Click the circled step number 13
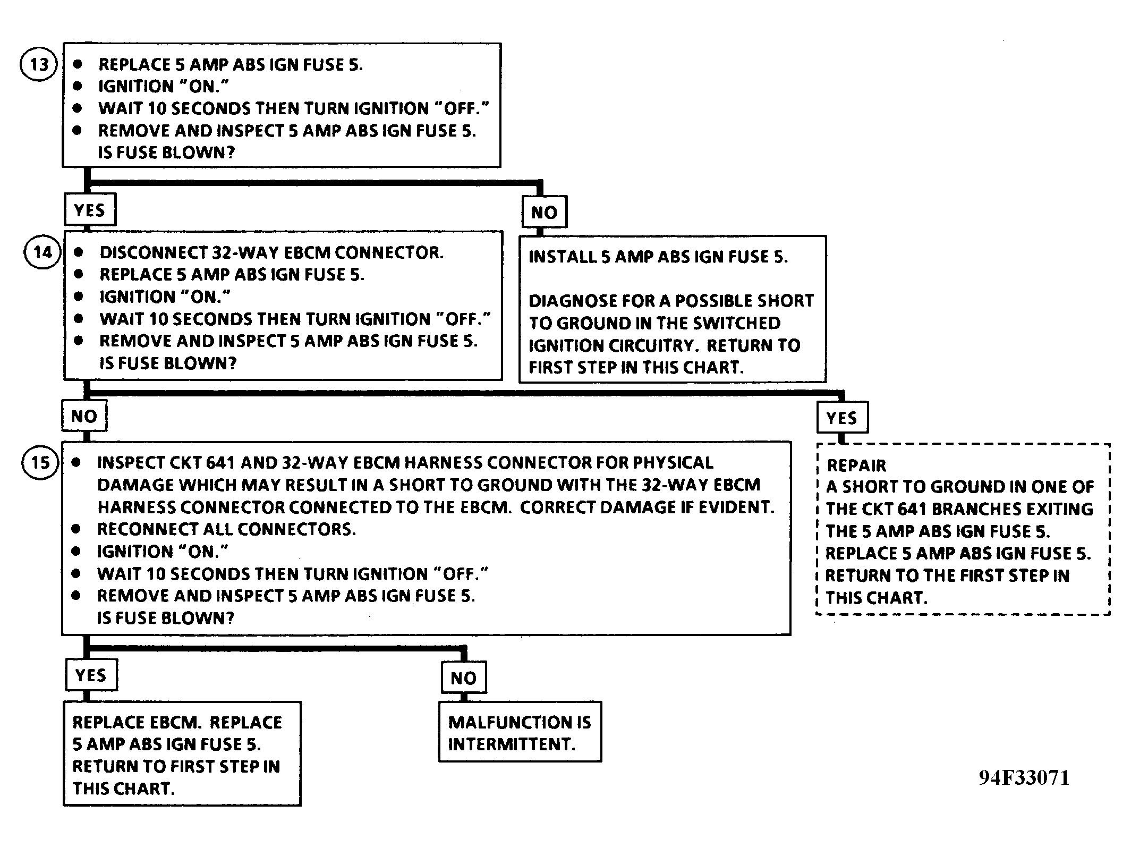point(38,65)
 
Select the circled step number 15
point(40,462)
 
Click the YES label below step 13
point(90,210)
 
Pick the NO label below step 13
point(544,212)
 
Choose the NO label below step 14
point(84,416)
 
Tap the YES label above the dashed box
point(842,418)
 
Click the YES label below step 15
point(91,675)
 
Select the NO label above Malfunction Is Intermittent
point(464,677)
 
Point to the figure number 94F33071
point(1024,778)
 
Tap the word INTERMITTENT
point(511,744)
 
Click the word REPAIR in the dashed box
point(856,465)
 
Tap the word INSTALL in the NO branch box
point(563,257)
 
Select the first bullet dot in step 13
point(78,64)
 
